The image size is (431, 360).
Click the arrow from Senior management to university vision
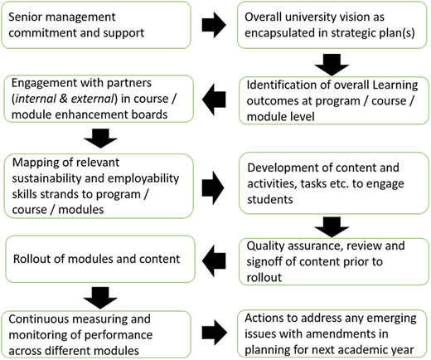[214, 25]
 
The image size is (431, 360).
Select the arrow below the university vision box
[332, 65]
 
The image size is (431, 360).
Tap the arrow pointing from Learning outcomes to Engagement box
[214, 100]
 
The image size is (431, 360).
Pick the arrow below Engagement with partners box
[100, 138]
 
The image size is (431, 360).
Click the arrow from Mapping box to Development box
[213, 187]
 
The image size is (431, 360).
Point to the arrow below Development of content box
[332, 227]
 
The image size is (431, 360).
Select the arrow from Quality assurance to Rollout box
[214, 260]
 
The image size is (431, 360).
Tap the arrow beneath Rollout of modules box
[100, 298]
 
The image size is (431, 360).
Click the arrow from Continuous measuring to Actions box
[215, 333]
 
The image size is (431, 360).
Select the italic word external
[92, 99]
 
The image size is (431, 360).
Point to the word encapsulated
[279, 33]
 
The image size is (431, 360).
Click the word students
[270, 199]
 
